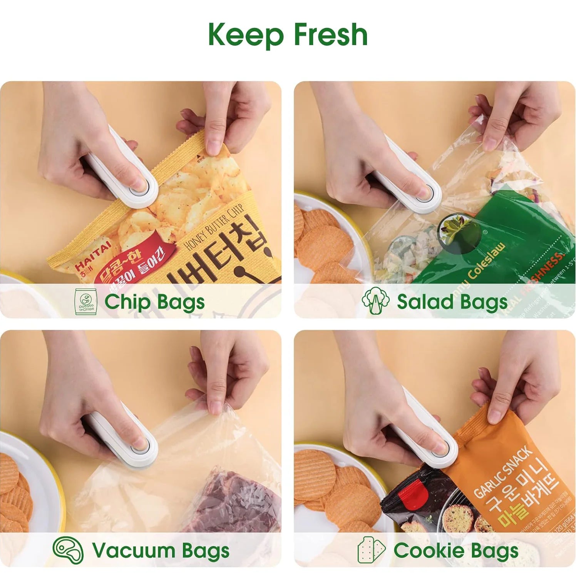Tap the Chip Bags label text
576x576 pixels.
154,302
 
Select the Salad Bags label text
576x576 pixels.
452,302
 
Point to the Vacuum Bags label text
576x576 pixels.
161,551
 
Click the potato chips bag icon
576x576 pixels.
85,302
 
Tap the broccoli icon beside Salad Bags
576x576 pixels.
375,301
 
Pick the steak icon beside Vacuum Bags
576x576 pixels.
68,550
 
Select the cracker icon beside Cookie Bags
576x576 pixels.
371,550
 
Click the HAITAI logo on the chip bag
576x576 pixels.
92,255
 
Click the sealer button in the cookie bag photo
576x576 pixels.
441,447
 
